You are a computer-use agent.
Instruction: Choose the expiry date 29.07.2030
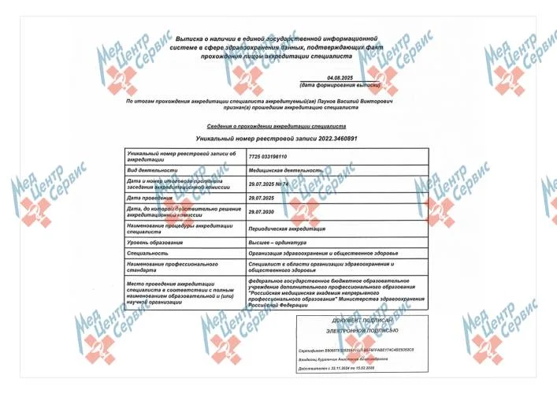click(x=260, y=211)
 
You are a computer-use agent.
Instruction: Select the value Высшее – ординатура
click(x=275, y=243)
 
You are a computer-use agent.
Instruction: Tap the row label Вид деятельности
click(x=149, y=169)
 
